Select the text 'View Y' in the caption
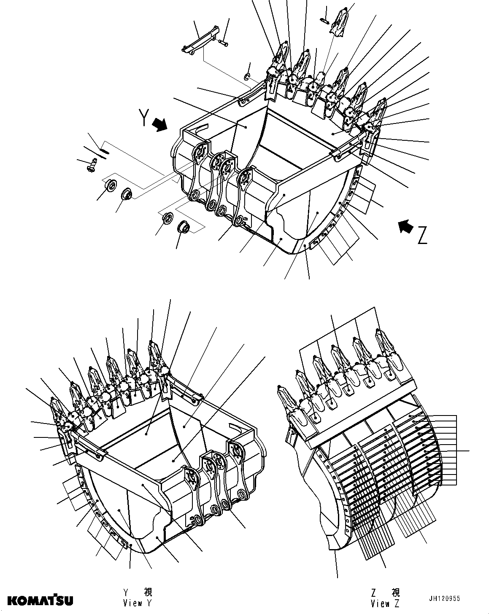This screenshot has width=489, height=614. (137, 603)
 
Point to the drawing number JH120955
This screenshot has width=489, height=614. (445, 599)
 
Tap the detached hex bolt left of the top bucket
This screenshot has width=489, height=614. (92, 164)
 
